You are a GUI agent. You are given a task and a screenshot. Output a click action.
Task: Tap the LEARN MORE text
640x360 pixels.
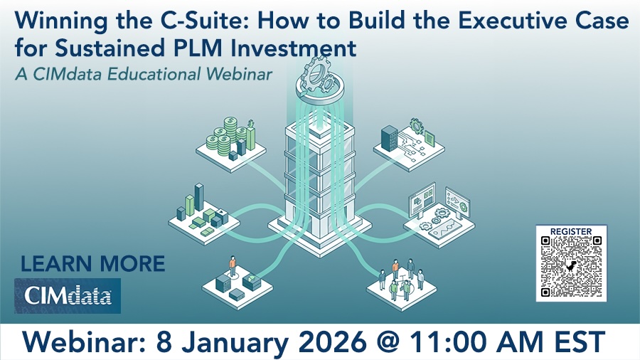92,264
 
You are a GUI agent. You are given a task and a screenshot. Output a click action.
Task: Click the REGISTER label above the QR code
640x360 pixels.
571,231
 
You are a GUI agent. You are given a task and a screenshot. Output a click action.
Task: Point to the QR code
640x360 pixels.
571,267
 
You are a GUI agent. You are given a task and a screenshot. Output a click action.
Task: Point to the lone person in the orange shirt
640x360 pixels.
232,266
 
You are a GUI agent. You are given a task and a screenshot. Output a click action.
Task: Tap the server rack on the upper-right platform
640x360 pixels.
390,136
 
